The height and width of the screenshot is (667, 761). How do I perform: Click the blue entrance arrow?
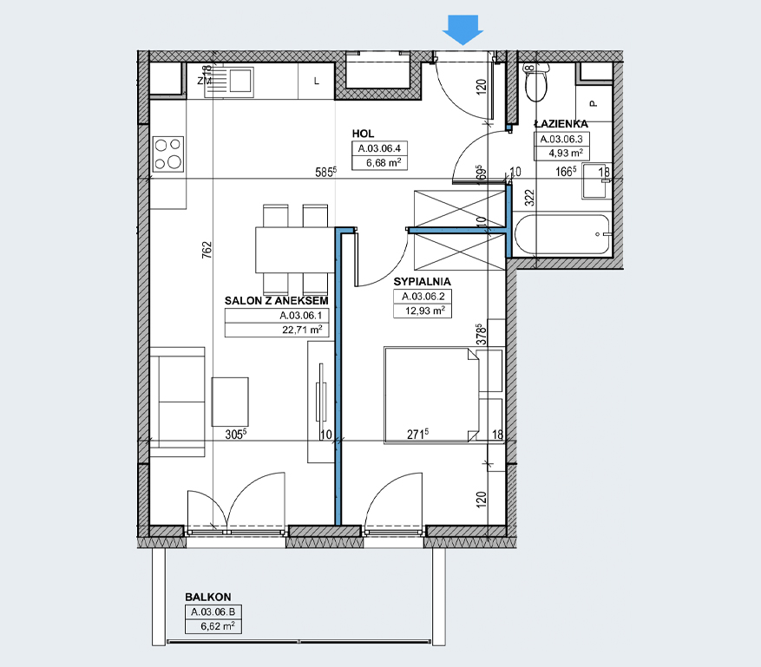(463, 29)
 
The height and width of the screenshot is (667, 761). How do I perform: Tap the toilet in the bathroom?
(536, 82)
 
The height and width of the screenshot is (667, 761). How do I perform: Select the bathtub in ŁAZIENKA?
(561, 235)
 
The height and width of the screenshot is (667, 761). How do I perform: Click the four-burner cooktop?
(168, 154)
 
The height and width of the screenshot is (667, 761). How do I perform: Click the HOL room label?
(363, 134)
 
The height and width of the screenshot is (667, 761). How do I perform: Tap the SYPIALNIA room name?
(422, 282)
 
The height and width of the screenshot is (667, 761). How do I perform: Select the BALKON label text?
(207, 597)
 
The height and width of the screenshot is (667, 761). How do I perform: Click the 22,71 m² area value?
(302, 330)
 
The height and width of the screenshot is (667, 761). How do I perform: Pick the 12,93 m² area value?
(424, 311)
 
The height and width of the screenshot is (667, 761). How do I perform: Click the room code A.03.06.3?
(561, 140)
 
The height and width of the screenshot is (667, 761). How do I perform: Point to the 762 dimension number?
(207, 250)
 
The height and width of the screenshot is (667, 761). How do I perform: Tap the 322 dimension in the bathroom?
(529, 198)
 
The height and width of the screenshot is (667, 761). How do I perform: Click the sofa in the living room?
(177, 402)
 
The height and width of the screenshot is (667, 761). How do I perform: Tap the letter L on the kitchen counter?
(317, 81)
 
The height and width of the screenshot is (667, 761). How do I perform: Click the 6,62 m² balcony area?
(218, 626)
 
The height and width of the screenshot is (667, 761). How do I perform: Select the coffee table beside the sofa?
(230, 402)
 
